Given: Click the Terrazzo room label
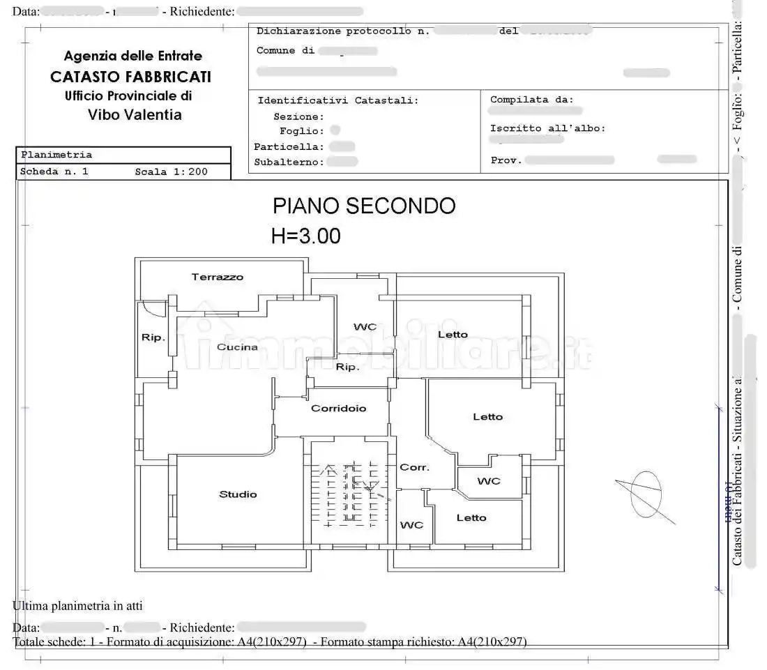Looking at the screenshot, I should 218,277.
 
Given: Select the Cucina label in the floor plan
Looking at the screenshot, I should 237,347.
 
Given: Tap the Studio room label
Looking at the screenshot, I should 238,494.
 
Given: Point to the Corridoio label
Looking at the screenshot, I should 338,409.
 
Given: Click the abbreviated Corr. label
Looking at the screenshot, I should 414,467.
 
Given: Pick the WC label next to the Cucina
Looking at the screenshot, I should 365,327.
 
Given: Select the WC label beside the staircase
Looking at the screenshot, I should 411,525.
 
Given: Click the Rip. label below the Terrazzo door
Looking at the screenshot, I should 153,337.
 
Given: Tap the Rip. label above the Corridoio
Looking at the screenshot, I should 347,367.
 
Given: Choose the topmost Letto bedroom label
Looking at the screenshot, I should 453,335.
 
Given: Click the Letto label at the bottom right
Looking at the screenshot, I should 471,517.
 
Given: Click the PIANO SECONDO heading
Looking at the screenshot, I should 364,206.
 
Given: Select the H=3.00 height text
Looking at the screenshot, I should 305,236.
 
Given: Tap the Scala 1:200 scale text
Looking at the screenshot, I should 171,172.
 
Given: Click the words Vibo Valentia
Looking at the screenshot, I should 135,115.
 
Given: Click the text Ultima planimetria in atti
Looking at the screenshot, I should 77,606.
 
